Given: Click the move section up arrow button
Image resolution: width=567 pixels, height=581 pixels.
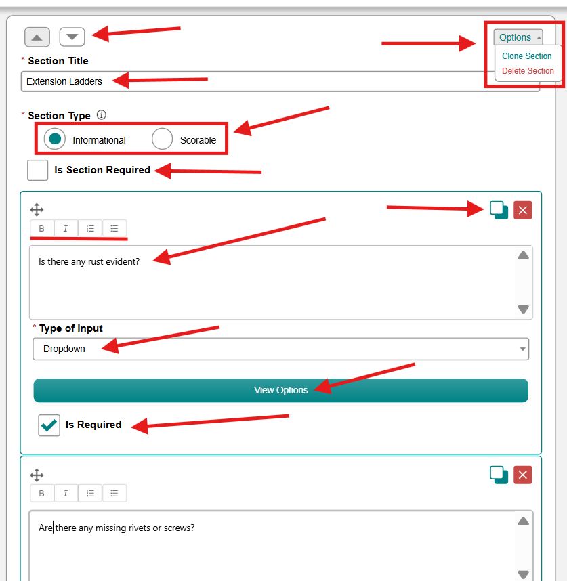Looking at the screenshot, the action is (x=37, y=37).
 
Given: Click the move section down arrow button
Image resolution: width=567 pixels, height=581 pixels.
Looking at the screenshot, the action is (x=72, y=37).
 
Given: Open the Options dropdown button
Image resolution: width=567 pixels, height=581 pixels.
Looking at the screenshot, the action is (x=518, y=37).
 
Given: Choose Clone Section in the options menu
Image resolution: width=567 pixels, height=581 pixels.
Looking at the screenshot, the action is (x=526, y=56).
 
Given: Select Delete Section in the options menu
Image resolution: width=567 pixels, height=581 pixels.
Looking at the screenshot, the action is (x=528, y=71).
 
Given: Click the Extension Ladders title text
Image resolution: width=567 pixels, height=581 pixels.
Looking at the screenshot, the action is (x=64, y=81).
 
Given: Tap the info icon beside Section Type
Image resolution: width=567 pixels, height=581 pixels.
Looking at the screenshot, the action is (x=101, y=115).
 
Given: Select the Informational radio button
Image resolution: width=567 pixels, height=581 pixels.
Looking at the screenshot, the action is (x=55, y=139).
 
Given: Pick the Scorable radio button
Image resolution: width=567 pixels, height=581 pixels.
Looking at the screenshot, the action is (x=163, y=139).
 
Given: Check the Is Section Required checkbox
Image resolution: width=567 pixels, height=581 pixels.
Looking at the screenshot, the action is (x=37, y=170).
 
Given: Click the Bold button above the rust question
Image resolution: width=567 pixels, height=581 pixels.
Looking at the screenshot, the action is (x=42, y=228).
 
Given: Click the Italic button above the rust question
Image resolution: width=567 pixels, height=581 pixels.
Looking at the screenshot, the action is (x=66, y=228).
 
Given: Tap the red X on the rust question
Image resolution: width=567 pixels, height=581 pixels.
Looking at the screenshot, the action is (x=522, y=211).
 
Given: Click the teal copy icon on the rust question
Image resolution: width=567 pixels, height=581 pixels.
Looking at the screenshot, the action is (x=499, y=210).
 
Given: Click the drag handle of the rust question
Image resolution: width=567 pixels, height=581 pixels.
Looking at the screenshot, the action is (x=37, y=210).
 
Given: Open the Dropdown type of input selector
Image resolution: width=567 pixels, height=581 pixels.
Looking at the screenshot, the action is (x=281, y=349).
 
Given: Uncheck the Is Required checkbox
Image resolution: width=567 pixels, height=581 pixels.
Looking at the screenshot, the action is (x=49, y=425).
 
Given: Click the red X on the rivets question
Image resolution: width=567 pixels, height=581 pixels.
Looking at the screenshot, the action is (x=522, y=475).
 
